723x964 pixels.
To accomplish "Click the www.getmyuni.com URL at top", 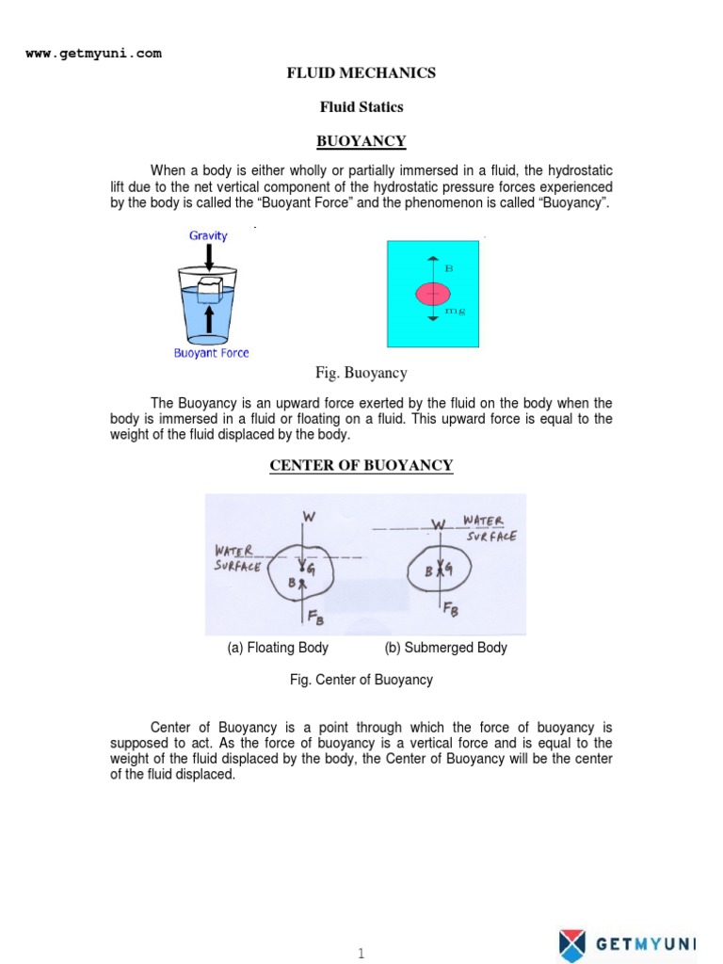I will (x=93, y=54).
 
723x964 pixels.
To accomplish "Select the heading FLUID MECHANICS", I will (x=361, y=72).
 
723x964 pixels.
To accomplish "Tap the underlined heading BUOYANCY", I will (x=361, y=141).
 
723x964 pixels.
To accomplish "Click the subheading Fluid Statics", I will (x=361, y=106).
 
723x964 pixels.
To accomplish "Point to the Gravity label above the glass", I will (x=208, y=235).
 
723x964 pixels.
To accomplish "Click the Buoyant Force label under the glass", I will (x=212, y=353).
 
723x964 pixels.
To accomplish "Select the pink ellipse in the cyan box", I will (x=433, y=294).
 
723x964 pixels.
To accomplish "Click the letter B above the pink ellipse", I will (x=449, y=268).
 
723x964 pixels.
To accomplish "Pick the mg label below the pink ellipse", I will (x=449, y=310).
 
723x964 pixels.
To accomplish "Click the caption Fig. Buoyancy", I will (x=361, y=373).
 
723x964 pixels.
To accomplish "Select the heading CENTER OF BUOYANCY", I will (x=361, y=465).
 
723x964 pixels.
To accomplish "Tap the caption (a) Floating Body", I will (x=278, y=648).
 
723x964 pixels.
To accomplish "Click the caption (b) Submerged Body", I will (x=445, y=648).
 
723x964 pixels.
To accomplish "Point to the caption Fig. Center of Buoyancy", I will (x=361, y=680).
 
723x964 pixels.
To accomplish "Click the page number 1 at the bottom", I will (x=361, y=954).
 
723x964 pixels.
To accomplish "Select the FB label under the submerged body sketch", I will (x=452, y=608).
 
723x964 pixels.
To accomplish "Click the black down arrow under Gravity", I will (x=208, y=255).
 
